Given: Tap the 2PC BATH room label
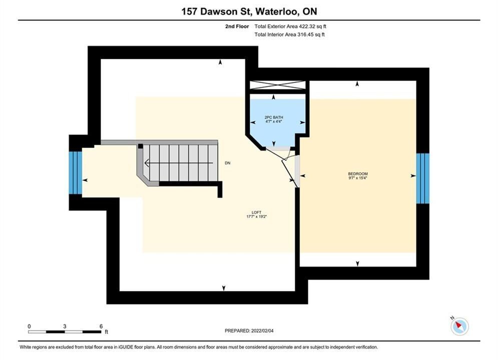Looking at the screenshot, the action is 274,117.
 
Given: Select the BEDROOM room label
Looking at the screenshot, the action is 358,174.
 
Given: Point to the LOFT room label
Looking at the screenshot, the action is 256,212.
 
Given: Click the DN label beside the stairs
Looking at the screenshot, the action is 227,163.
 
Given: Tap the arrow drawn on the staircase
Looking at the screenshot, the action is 179,163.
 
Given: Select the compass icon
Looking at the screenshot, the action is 459,325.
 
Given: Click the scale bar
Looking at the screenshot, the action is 65,332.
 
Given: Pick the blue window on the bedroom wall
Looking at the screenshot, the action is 423,178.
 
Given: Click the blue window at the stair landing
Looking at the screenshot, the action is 76,172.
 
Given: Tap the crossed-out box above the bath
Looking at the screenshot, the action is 278,85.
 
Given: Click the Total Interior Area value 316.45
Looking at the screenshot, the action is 305,34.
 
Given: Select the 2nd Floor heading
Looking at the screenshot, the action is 237,26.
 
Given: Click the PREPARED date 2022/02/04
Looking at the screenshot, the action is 262,331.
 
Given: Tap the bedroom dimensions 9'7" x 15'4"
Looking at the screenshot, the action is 358,178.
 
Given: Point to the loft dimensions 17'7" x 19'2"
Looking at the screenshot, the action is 256,216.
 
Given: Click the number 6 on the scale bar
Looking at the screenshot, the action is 101,326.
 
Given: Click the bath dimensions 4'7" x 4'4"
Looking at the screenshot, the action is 274,121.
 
